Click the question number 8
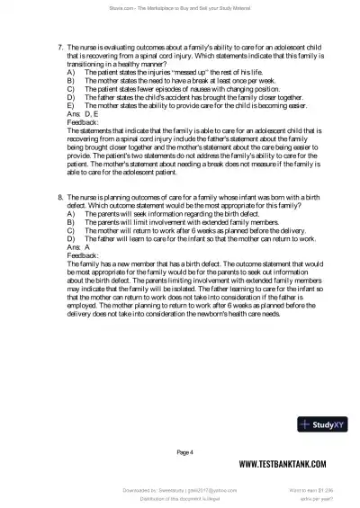[x=60, y=196]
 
